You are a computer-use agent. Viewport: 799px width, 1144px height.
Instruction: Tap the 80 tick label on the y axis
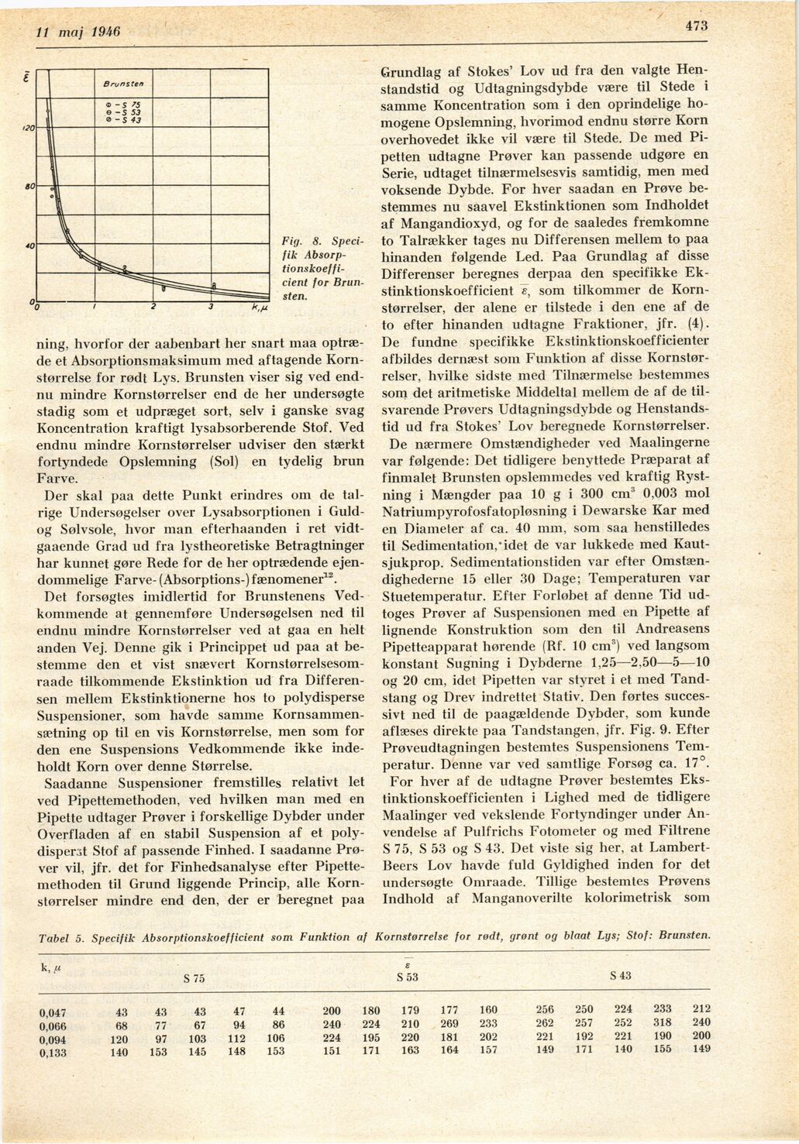(x=30, y=188)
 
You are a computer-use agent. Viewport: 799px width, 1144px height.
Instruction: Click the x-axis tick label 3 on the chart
(x=210, y=308)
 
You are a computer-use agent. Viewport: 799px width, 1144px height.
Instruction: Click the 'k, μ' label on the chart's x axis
(x=259, y=309)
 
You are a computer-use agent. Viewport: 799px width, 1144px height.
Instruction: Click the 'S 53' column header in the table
(x=407, y=977)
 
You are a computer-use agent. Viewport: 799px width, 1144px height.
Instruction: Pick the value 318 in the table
(x=662, y=1023)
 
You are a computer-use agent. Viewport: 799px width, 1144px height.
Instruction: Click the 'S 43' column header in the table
(x=620, y=976)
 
